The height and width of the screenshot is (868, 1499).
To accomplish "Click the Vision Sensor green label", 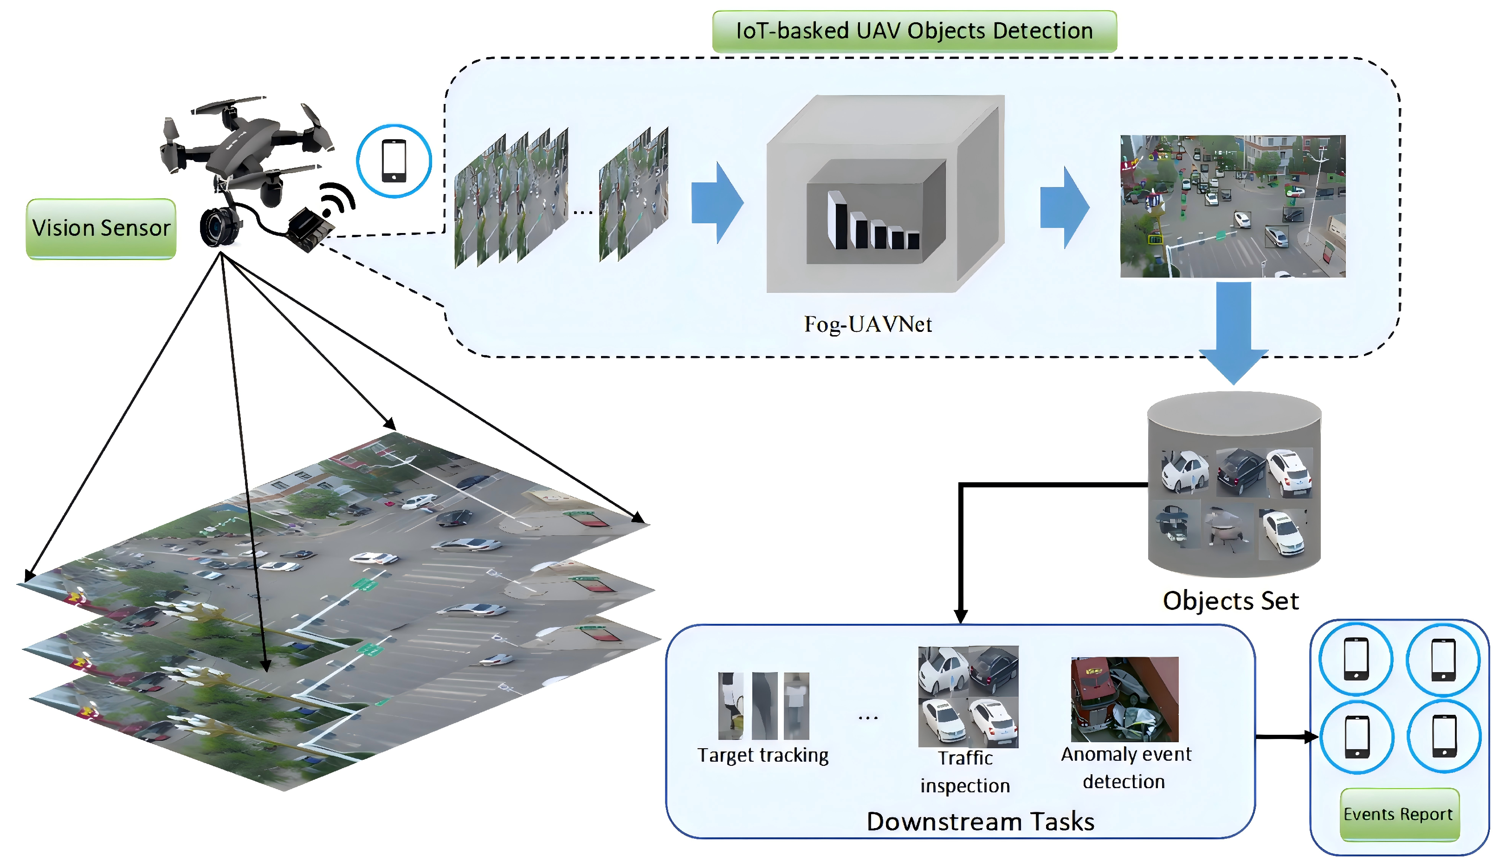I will [x=101, y=228].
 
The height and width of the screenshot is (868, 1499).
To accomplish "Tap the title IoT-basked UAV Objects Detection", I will [x=914, y=31].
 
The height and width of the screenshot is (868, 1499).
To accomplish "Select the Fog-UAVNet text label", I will [x=868, y=324].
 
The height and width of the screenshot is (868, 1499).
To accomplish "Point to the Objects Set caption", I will [x=1230, y=601].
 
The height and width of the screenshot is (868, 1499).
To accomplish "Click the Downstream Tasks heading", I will [x=980, y=822].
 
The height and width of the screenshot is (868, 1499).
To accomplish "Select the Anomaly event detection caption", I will [x=1125, y=767].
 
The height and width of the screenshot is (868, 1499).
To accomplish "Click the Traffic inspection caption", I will [x=965, y=771].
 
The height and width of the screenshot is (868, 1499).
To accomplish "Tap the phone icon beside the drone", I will [x=394, y=161].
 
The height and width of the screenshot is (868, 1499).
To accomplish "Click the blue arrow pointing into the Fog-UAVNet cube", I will [x=717, y=203].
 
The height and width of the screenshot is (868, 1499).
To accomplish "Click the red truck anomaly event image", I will [x=1124, y=699].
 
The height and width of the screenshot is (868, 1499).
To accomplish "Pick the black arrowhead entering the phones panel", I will [x=1311, y=737].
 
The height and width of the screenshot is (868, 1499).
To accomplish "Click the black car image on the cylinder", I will [x=1241, y=472].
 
